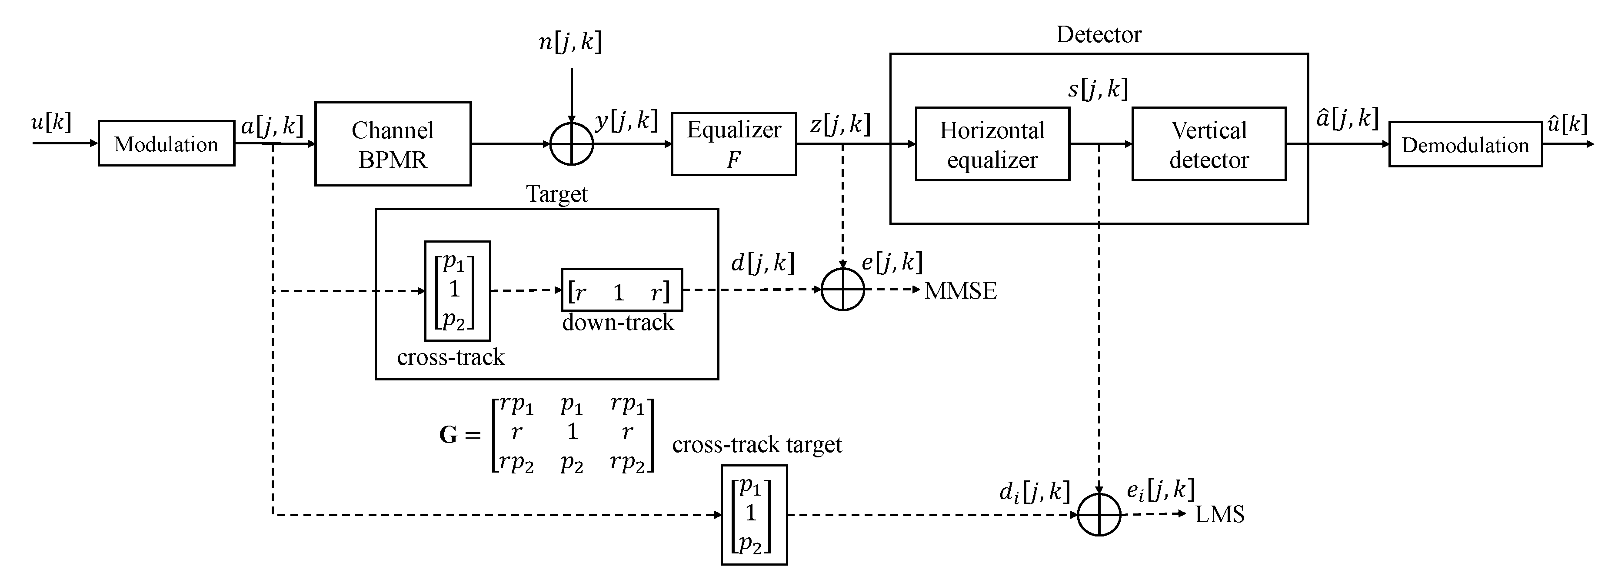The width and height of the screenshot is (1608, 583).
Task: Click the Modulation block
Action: point(166,143)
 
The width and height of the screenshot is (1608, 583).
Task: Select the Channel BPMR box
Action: point(393,144)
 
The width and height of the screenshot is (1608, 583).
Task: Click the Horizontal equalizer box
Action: point(992,144)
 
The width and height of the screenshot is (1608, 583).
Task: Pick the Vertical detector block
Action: point(1208,144)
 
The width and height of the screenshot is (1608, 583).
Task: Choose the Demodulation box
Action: point(1465,145)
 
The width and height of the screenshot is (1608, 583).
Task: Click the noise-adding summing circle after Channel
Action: point(571,144)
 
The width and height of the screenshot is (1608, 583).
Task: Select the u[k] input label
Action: point(51,122)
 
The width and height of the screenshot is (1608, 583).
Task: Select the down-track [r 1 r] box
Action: point(621,290)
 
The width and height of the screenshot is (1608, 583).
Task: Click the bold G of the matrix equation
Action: point(448,434)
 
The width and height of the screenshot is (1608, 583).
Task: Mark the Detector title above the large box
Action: point(1098,34)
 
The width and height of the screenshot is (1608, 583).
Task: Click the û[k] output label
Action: point(1567,123)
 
